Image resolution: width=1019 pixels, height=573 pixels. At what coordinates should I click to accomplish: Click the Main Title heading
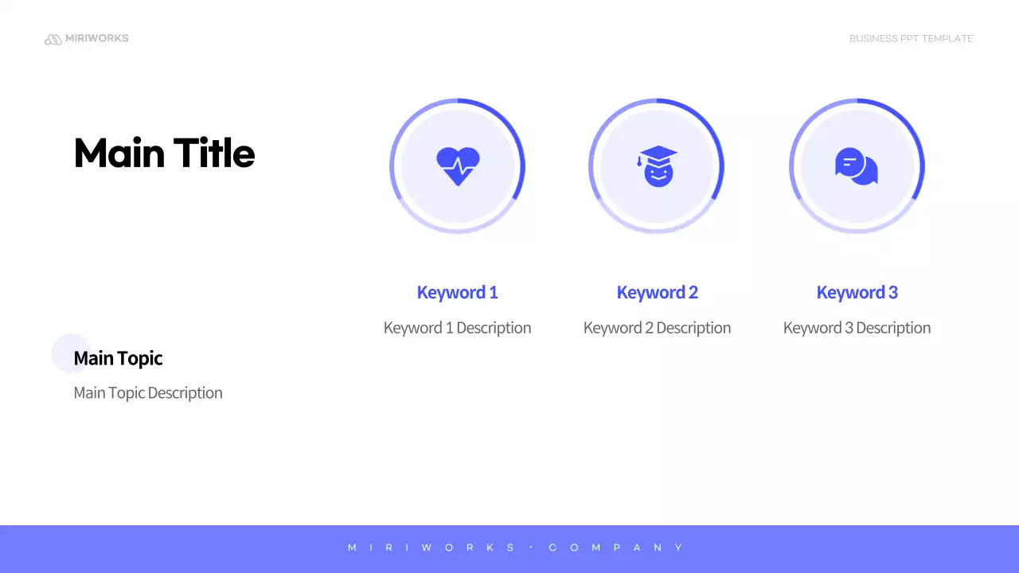pyautogui.click(x=164, y=153)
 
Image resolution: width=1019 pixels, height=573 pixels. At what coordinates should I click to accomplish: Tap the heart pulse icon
pyautogui.click(x=458, y=166)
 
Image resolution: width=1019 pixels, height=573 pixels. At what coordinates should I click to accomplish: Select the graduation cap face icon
pyautogui.click(x=658, y=166)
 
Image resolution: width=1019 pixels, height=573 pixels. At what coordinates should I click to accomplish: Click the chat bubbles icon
pyautogui.click(x=857, y=166)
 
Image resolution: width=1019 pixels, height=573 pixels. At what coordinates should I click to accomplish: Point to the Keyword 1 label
pyautogui.click(x=457, y=292)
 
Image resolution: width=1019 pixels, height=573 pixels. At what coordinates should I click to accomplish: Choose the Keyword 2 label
pyautogui.click(x=657, y=292)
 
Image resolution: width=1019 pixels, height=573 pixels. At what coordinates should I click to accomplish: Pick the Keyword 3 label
pyautogui.click(x=857, y=292)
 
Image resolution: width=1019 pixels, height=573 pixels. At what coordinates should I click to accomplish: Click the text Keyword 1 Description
pyautogui.click(x=457, y=328)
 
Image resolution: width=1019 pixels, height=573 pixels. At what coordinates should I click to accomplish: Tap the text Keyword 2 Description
pyautogui.click(x=657, y=328)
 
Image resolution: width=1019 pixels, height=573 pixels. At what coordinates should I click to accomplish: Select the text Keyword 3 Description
pyautogui.click(x=857, y=328)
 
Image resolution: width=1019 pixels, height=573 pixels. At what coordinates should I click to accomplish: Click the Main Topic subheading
pyautogui.click(x=118, y=358)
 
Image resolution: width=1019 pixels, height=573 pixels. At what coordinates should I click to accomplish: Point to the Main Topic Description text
pyautogui.click(x=148, y=393)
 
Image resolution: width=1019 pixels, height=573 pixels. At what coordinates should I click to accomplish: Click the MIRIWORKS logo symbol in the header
pyautogui.click(x=53, y=39)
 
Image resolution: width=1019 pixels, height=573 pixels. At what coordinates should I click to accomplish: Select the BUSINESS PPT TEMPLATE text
pyautogui.click(x=911, y=38)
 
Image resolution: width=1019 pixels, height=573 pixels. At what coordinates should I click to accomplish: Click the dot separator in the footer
pyautogui.click(x=531, y=548)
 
